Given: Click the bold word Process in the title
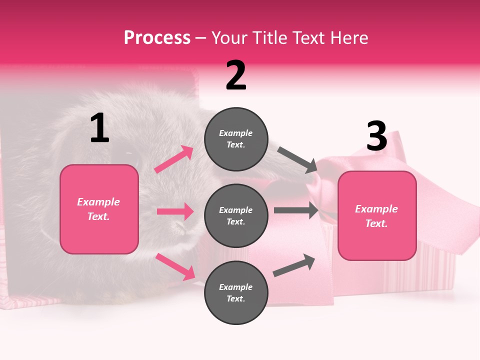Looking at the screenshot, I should coord(157,37).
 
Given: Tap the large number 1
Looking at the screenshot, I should coord(99,128).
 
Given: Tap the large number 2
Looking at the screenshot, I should coord(236,75).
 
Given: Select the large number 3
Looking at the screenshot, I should coord(376,136).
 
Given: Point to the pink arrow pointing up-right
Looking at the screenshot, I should coord(174,159).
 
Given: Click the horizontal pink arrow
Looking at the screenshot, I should coord(175,211).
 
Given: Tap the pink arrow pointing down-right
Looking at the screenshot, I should coord(175,266).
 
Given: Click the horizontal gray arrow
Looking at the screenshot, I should coord(296,210).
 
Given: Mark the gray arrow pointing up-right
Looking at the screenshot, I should coord(294,265).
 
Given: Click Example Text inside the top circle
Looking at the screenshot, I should coord(236,138).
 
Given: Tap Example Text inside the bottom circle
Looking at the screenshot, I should coord(236,292).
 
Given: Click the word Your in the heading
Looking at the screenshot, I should coord(229,37).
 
